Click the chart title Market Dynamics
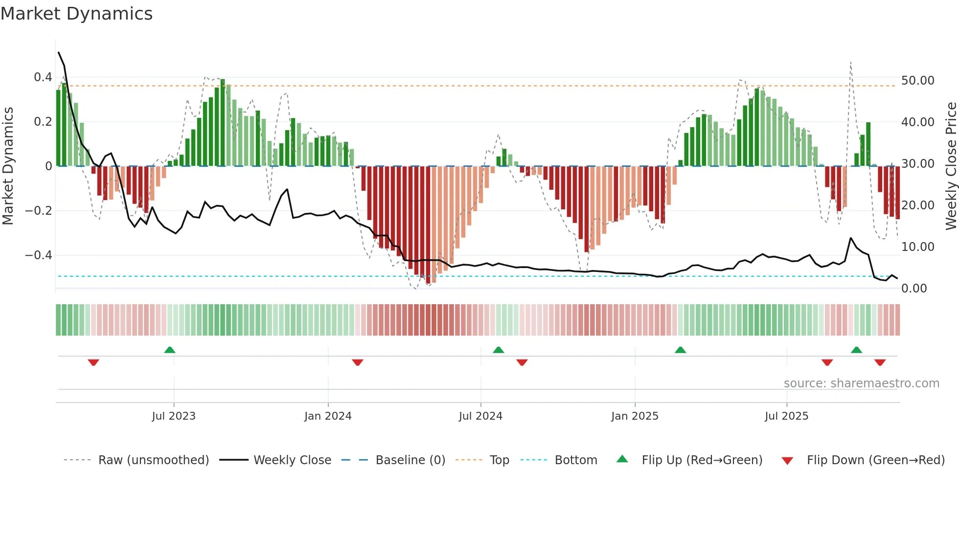click(76, 14)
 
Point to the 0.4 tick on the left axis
click(43, 77)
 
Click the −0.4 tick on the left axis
click(39, 255)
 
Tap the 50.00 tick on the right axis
click(917, 81)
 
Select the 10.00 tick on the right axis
click(917, 247)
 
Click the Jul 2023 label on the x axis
click(174, 416)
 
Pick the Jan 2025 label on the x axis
click(635, 416)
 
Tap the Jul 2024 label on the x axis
click(480, 416)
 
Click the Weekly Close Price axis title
click(951, 166)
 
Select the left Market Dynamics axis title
click(8, 166)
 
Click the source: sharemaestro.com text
click(861, 383)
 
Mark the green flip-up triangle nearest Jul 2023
click(170, 350)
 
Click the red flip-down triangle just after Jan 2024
click(358, 362)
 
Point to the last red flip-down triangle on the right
click(880, 362)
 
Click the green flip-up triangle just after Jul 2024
click(498, 350)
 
